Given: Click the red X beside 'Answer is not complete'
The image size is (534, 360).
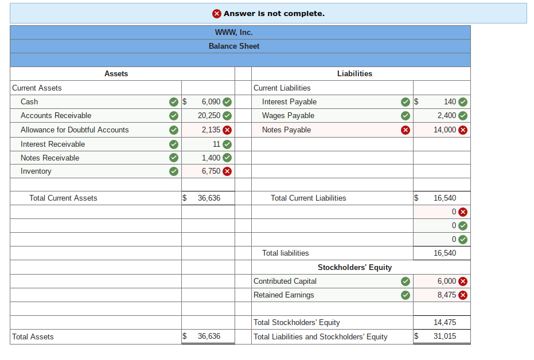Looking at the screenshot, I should pyautogui.click(x=217, y=13).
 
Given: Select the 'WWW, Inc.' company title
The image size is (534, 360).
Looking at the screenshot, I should pyautogui.click(x=233, y=32).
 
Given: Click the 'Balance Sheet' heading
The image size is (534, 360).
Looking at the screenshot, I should pyautogui.click(x=233, y=46).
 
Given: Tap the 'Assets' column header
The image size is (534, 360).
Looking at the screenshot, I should pyautogui.click(x=116, y=73).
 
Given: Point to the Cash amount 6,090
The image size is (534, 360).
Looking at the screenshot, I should pyautogui.click(x=211, y=101).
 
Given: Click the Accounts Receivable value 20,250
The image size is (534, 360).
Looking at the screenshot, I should pyautogui.click(x=209, y=115).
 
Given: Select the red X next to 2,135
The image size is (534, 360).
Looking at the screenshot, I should pyautogui.click(x=227, y=130).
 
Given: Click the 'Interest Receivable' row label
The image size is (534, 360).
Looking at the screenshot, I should pyautogui.click(x=53, y=144).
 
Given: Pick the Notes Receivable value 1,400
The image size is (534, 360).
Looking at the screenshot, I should pyautogui.click(x=211, y=158).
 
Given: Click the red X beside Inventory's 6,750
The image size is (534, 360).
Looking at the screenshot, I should pyautogui.click(x=227, y=171).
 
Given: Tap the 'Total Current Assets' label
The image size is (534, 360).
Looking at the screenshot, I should pyautogui.click(x=63, y=198).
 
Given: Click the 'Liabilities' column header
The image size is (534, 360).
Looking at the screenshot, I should pyautogui.click(x=354, y=73).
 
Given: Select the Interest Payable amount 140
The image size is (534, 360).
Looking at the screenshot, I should pyautogui.click(x=450, y=101).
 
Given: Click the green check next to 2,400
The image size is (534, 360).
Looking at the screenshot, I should pyautogui.click(x=463, y=116).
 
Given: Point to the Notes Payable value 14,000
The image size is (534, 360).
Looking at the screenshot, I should pyautogui.click(x=445, y=130).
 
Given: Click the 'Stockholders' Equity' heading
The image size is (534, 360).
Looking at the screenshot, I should pyautogui.click(x=354, y=267).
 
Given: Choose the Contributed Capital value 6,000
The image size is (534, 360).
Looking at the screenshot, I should pyautogui.click(x=447, y=281).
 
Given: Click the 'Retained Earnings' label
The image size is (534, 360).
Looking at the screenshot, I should pyautogui.click(x=284, y=295).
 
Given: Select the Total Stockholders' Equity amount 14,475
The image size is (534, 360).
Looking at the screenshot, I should pyautogui.click(x=445, y=322).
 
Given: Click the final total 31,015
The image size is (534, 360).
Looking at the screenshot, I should pyautogui.click(x=445, y=336).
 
